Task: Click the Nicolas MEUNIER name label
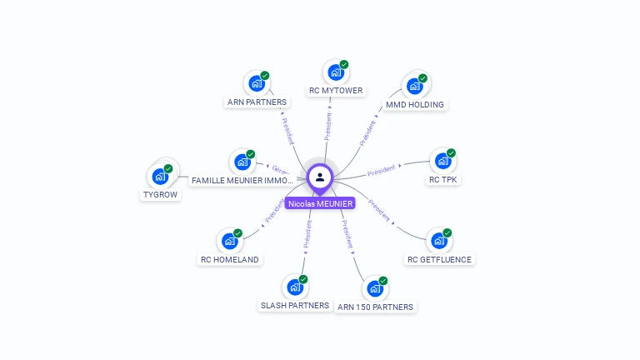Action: pos(320,203)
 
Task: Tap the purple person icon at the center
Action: pos(320,177)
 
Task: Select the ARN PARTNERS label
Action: pos(257,102)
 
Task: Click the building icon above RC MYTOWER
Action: pos(336,72)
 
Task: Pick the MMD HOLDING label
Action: pos(415,105)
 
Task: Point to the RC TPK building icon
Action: pos(441,161)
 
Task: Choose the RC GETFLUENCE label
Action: pos(439,259)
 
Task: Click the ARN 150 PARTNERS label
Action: pos(375,307)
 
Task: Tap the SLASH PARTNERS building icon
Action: pos(294,287)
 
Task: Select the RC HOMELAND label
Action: pos(230,259)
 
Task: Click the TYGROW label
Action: pos(160,195)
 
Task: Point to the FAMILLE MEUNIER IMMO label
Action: pos(242,180)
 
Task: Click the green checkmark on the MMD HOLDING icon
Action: pos(422,78)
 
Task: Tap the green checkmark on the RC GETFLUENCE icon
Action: pos(447,233)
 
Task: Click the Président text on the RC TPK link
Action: pos(381,170)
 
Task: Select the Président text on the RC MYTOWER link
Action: pos(327,126)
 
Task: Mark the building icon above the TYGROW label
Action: pos(159,177)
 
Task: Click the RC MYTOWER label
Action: pos(335,91)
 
